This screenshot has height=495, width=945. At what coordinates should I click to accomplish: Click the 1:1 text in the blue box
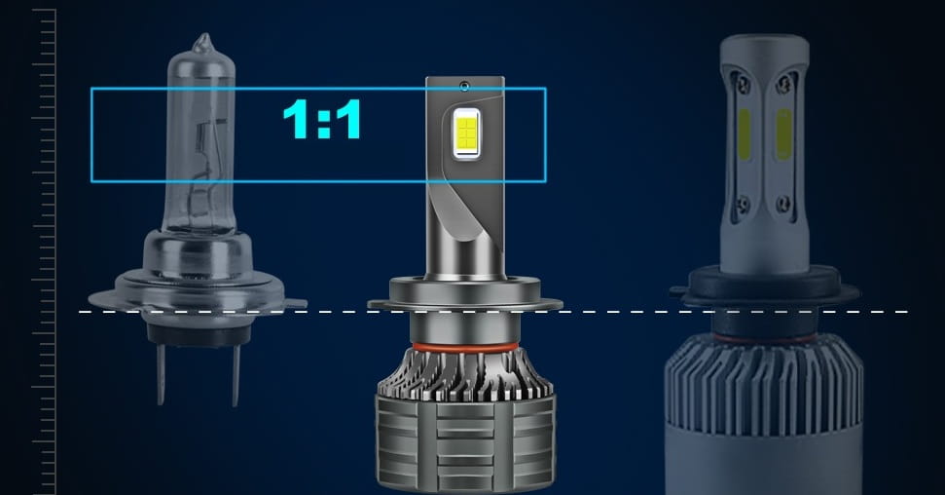point(322,120)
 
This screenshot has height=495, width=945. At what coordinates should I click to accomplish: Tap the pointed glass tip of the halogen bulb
point(203,42)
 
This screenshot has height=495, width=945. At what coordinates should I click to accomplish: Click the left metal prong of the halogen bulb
point(161,373)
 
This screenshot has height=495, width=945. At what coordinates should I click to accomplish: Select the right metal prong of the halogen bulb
point(236,374)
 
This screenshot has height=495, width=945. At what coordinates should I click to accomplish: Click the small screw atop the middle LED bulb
point(464,87)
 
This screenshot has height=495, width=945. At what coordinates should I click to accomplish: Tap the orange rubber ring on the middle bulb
point(464,348)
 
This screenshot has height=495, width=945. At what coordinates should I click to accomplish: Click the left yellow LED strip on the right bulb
point(745,134)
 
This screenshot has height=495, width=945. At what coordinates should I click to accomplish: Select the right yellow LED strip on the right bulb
point(783,134)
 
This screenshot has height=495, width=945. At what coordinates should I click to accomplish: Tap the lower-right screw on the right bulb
point(784,204)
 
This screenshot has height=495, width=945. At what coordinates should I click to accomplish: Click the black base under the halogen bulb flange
point(198,332)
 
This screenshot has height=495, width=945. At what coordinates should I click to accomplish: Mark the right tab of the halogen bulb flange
point(295,303)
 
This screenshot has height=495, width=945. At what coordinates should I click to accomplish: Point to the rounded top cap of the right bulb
point(764,50)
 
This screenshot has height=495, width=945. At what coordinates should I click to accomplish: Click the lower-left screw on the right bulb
point(744,203)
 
